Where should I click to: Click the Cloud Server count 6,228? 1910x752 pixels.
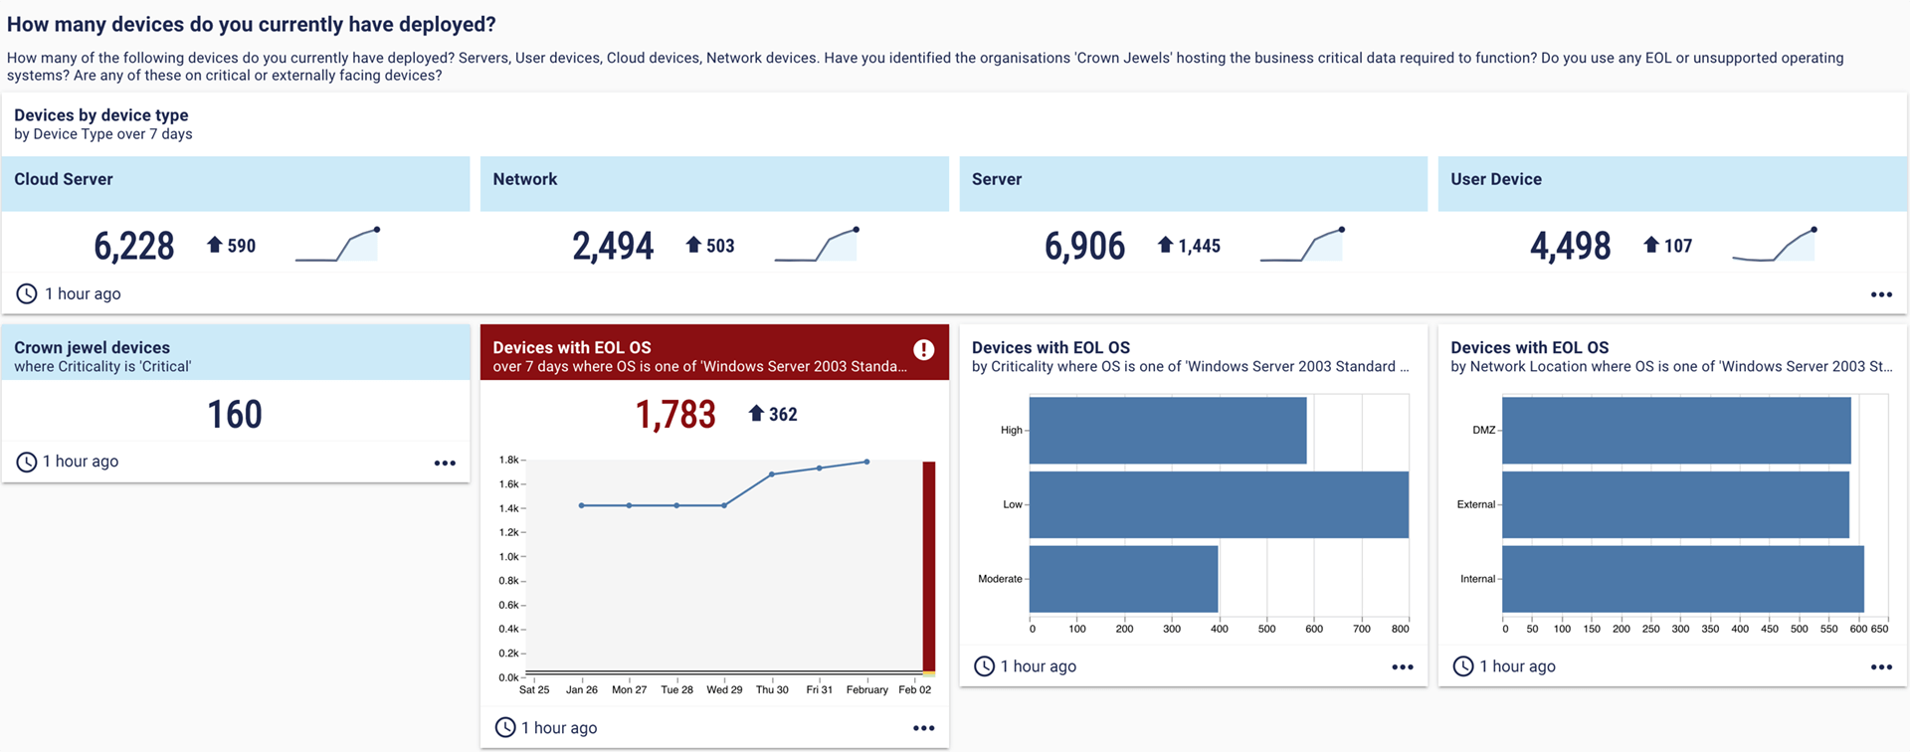click(x=133, y=246)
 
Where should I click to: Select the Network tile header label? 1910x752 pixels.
click(x=524, y=179)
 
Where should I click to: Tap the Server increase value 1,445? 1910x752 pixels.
click(x=1199, y=246)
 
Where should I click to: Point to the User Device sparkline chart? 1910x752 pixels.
click(x=1774, y=245)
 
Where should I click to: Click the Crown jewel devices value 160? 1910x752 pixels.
click(x=235, y=414)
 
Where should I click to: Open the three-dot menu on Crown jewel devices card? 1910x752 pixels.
click(x=445, y=463)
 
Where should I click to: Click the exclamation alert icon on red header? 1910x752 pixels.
click(x=923, y=349)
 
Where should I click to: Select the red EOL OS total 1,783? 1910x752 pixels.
click(x=675, y=414)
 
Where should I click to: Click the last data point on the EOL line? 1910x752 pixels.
click(x=867, y=462)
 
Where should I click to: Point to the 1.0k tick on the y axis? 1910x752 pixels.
click(x=509, y=557)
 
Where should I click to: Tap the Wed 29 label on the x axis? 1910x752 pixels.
click(x=724, y=689)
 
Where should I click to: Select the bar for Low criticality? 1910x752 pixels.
click(x=1219, y=504)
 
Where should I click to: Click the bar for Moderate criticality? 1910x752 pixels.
click(x=1123, y=579)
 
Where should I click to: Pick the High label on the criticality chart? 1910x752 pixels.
click(x=1011, y=430)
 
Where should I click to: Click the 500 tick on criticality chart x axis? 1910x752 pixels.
click(x=1266, y=629)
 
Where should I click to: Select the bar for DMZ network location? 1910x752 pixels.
click(x=1676, y=430)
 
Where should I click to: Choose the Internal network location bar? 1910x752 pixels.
click(x=1682, y=579)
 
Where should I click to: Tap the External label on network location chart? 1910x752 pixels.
click(x=1475, y=504)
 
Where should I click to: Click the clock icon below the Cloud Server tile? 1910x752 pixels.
click(x=27, y=293)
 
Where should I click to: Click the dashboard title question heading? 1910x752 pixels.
click(x=252, y=24)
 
